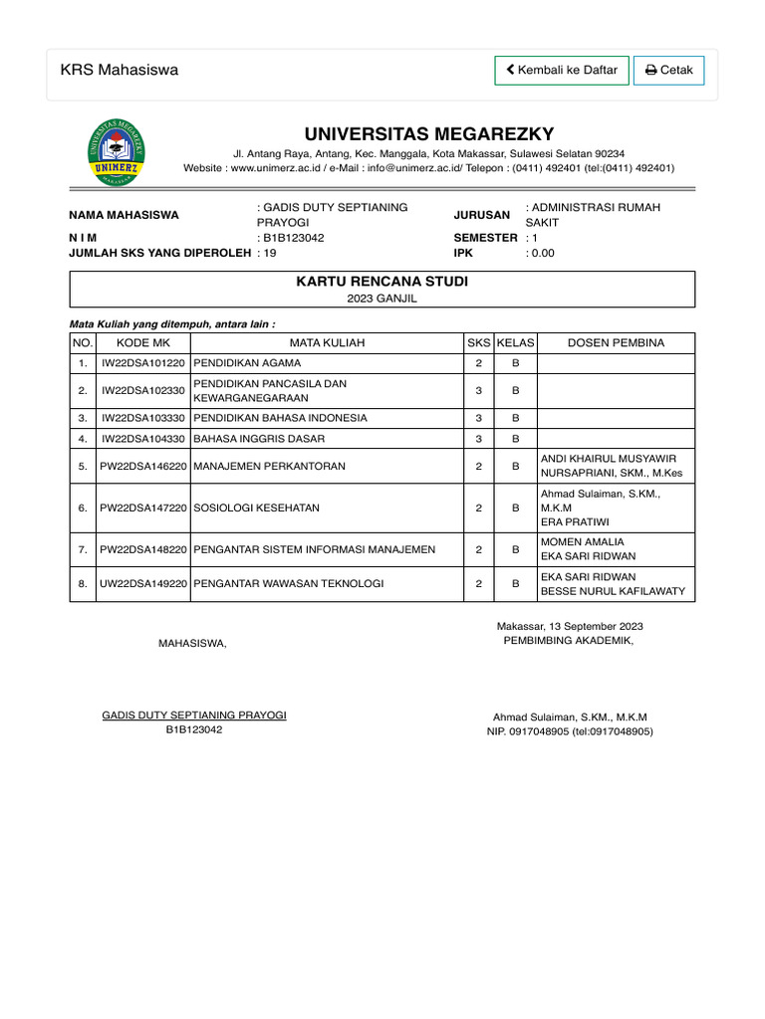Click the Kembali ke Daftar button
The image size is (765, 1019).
(x=562, y=71)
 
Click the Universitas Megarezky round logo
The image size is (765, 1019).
(x=117, y=151)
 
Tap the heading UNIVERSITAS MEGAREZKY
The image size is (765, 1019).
(x=428, y=134)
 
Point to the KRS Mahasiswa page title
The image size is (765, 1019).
(x=120, y=70)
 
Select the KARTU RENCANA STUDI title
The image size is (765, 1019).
(x=382, y=282)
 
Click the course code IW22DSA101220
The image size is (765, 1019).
(x=143, y=362)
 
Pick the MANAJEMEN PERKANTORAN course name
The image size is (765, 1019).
(x=270, y=466)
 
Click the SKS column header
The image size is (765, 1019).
(x=478, y=343)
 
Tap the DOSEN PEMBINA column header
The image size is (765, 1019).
(x=616, y=343)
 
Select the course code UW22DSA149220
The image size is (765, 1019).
(x=143, y=584)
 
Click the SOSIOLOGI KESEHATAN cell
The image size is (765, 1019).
(x=257, y=508)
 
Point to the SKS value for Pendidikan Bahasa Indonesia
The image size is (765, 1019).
(x=478, y=418)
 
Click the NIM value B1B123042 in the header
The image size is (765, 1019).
(x=293, y=238)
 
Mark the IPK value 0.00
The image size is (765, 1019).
(x=542, y=253)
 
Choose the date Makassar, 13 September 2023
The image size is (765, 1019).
(x=570, y=626)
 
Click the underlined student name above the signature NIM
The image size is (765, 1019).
(x=194, y=715)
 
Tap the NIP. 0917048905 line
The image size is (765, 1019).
(x=570, y=731)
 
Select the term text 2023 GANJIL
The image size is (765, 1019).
(x=382, y=298)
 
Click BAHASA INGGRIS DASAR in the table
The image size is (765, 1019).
(x=259, y=438)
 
